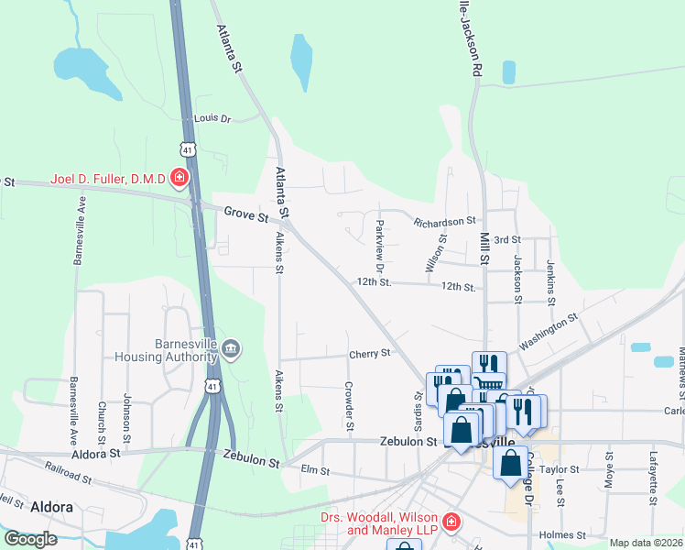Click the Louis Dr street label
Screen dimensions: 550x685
click(x=213, y=119)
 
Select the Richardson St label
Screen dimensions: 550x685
click(x=445, y=221)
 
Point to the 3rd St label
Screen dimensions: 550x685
click(x=506, y=239)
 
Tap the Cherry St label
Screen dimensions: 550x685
click(x=370, y=353)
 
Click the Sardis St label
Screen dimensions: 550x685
click(x=419, y=410)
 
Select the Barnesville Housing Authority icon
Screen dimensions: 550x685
click(x=231, y=348)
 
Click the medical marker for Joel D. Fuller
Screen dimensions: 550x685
click(x=180, y=177)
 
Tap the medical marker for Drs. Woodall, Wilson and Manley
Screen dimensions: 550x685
click(x=451, y=522)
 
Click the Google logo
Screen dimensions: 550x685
click(x=30, y=539)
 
